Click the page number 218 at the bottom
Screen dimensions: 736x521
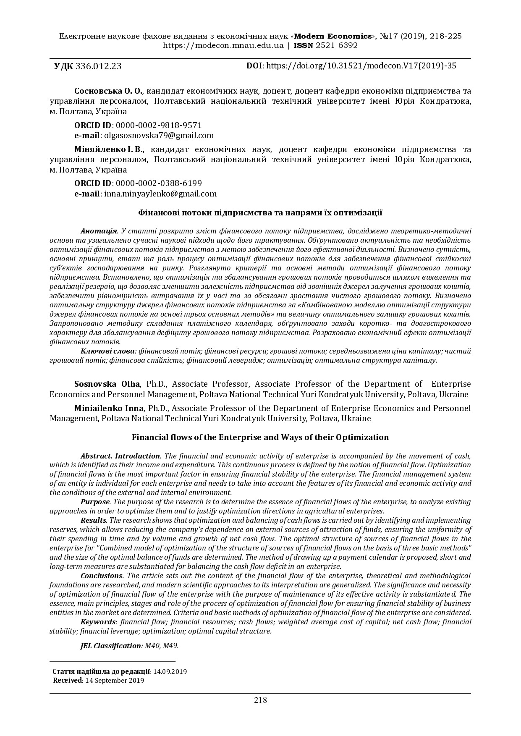(x=260, y=700)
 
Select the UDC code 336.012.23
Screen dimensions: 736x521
(x=99, y=66)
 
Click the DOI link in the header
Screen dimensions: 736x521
(x=361, y=65)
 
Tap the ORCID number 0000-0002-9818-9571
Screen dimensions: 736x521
(x=159, y=125)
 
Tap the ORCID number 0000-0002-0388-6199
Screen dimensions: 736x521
(x=159, y=183)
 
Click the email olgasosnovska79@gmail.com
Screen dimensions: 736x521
(x=159, y=135)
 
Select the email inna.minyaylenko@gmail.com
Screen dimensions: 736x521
(x=160, y=194)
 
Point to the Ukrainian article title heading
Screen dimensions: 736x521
(x=260, y=212)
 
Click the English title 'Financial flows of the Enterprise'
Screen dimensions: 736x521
(x=260, y=437)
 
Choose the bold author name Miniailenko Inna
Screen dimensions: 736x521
(x=109, y=408)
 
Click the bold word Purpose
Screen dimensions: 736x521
(x=95, y=502)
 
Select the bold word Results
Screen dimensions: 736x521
(x=93, y=520)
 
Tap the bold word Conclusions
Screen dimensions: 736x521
(x=102, y=576)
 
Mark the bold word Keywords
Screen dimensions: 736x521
(x=98, y=622)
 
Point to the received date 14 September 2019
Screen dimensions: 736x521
(x=115, y=680)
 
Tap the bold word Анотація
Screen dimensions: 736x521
(x=99, y=231)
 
